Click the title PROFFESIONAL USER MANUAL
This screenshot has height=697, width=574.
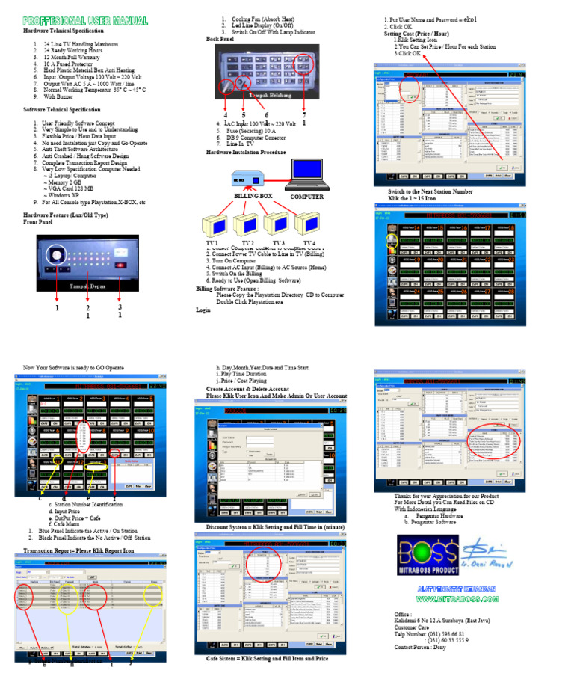(x=84, y=21)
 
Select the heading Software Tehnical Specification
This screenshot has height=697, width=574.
(x=62, y=109)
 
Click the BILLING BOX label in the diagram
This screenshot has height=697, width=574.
(x=253, y=196)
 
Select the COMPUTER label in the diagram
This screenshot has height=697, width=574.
(x=307, y=196)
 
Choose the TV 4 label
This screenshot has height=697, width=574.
(x=309, y=244)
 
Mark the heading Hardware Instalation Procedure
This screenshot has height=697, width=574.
(x=246, y=152)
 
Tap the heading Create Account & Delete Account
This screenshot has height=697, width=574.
(x=247, y=389)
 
